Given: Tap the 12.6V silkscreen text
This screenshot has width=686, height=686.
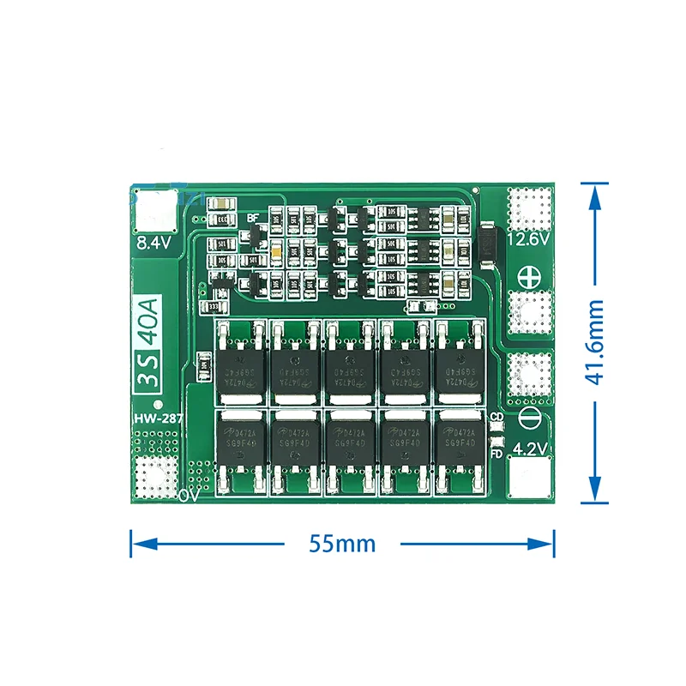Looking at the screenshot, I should [528, 240].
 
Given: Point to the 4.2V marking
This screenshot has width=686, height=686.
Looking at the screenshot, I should [528, 447].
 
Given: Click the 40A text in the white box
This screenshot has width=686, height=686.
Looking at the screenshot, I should [154, 319].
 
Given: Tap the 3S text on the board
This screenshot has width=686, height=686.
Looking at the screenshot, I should [154, 376].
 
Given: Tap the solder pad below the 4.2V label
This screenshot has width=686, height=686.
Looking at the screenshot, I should [528, 478].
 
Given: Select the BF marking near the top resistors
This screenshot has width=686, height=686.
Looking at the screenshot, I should [252, 218].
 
